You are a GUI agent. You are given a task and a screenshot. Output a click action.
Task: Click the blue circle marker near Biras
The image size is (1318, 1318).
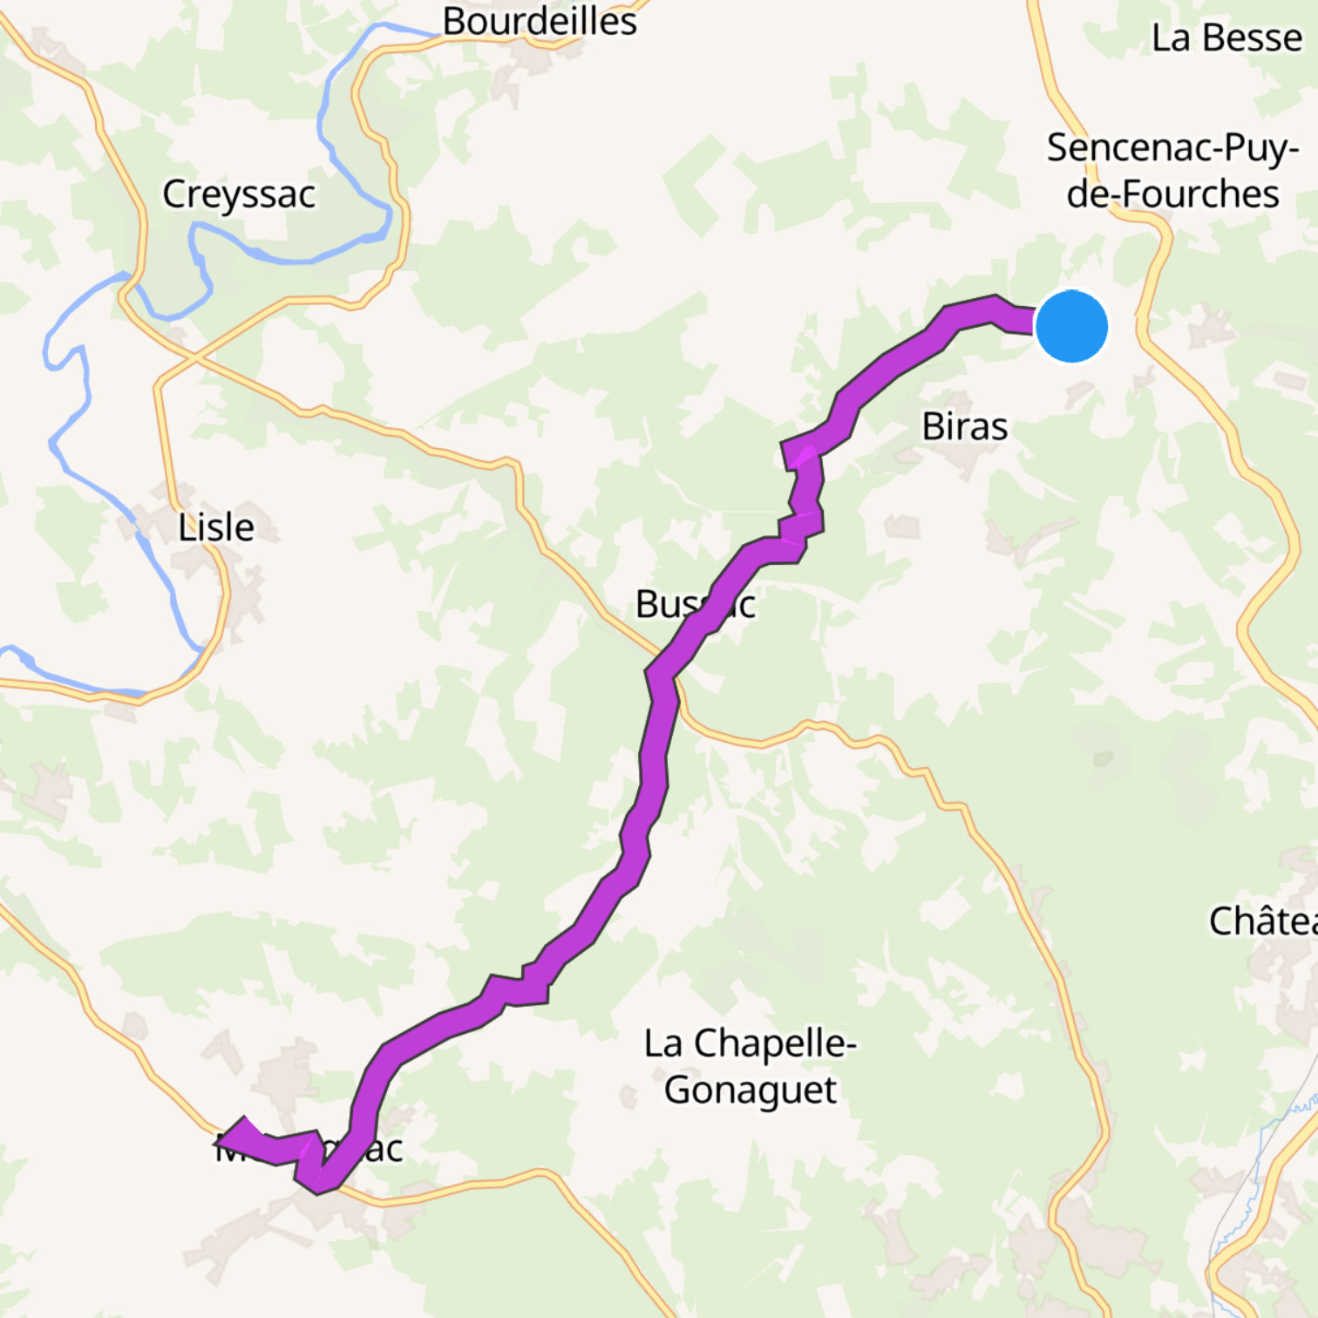1071,326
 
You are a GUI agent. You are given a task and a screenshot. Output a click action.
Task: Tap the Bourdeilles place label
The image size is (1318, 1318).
540,21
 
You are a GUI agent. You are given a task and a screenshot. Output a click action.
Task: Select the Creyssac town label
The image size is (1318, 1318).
239,194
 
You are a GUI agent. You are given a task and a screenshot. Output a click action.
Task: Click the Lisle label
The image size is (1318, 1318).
216,527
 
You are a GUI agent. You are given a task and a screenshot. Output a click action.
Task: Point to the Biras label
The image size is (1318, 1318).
965,426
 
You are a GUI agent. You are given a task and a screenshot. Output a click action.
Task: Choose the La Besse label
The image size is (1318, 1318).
1226,37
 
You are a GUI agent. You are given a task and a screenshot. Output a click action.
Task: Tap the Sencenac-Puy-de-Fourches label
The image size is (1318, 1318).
1173,171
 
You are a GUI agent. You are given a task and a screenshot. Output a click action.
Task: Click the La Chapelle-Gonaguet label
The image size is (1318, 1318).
751,1066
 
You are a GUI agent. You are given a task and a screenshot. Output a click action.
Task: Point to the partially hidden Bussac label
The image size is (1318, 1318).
695,604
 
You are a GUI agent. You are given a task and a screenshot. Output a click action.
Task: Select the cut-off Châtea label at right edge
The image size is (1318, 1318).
1262,921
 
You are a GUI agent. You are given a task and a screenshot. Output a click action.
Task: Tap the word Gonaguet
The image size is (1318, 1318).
751,1090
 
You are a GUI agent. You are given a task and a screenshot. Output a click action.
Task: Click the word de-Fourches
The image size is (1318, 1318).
1173,194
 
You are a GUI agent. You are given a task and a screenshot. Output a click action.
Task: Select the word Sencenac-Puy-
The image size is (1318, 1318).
1173,148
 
